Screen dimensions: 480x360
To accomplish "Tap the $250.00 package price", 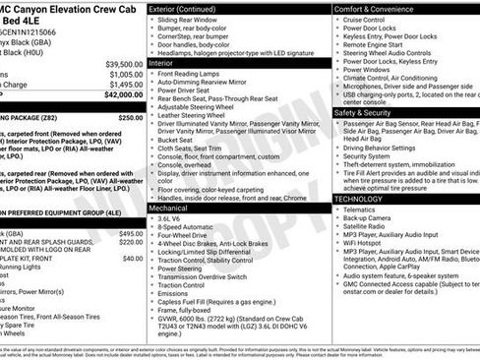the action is pyautogui.click(x=131, y=117).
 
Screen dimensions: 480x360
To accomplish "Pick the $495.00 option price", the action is pyautogui.click(x=131, y=234).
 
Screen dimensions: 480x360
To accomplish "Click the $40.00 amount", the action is pyautogui.click(x=133, y=258).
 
